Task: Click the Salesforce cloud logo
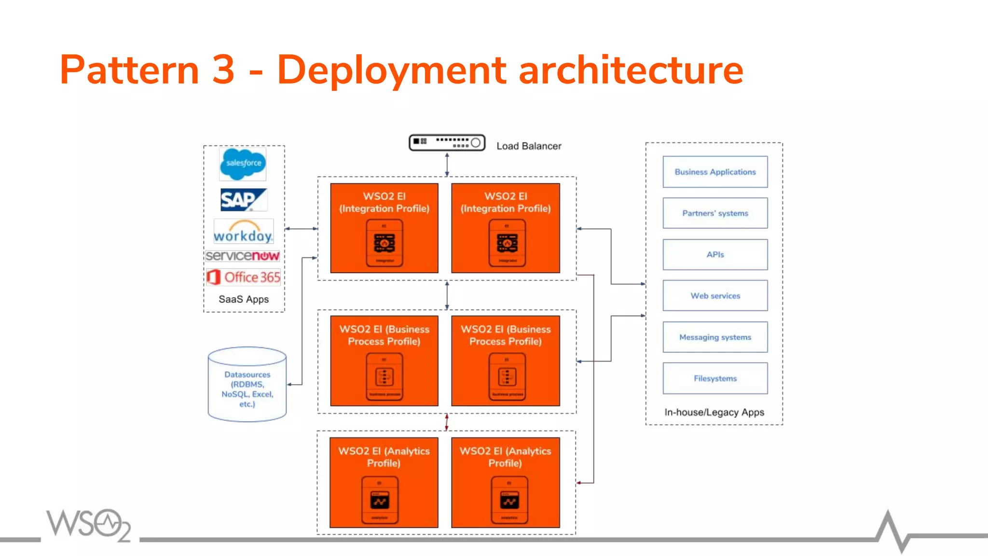point(243,164)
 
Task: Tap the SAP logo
point(244,199)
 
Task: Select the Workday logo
point(244,232)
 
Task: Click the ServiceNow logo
point(243,256)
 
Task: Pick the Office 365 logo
point(244,277)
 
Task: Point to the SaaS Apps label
point(244,299)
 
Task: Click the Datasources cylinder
point(247,385)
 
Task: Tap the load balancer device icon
point(447,143)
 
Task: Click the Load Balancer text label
point(529,146)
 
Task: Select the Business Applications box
point(715,172)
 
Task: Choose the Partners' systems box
point(715,213)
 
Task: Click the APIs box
point(715,254)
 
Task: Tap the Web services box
point(715,296)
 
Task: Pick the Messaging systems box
point(715,337)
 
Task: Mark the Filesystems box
point(715,378)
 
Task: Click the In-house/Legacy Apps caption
point(714,412)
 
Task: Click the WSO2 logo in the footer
point(89,525)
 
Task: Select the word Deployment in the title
point(391,70)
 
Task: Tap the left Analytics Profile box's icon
point(380,500)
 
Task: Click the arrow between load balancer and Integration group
point(447,165)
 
